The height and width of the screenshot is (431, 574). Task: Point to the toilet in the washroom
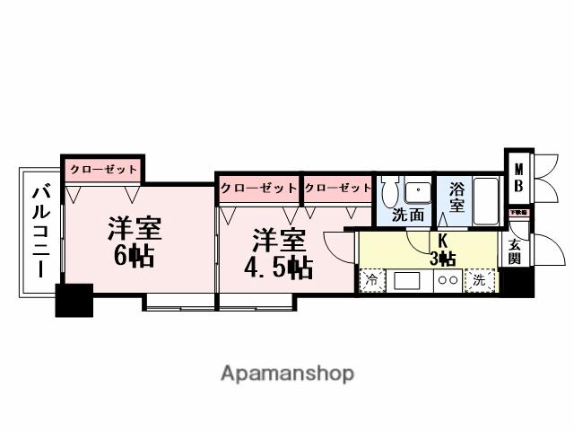pos(388,190)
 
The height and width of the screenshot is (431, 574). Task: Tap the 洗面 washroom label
pos(409,215)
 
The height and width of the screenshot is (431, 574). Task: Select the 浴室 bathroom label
pos(457,197)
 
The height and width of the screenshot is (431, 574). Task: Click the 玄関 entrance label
pos(515,251)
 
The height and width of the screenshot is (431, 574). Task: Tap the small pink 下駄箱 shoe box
pos(517,214)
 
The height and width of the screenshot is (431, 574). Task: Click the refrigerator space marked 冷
pos(370,281)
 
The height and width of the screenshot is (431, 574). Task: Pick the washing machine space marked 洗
pos(480,281)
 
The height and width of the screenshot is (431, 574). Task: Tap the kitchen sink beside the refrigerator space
pos(404,281)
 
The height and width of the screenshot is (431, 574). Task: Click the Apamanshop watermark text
pos(287,373)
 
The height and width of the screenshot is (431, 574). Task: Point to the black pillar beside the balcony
pos(74,300)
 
